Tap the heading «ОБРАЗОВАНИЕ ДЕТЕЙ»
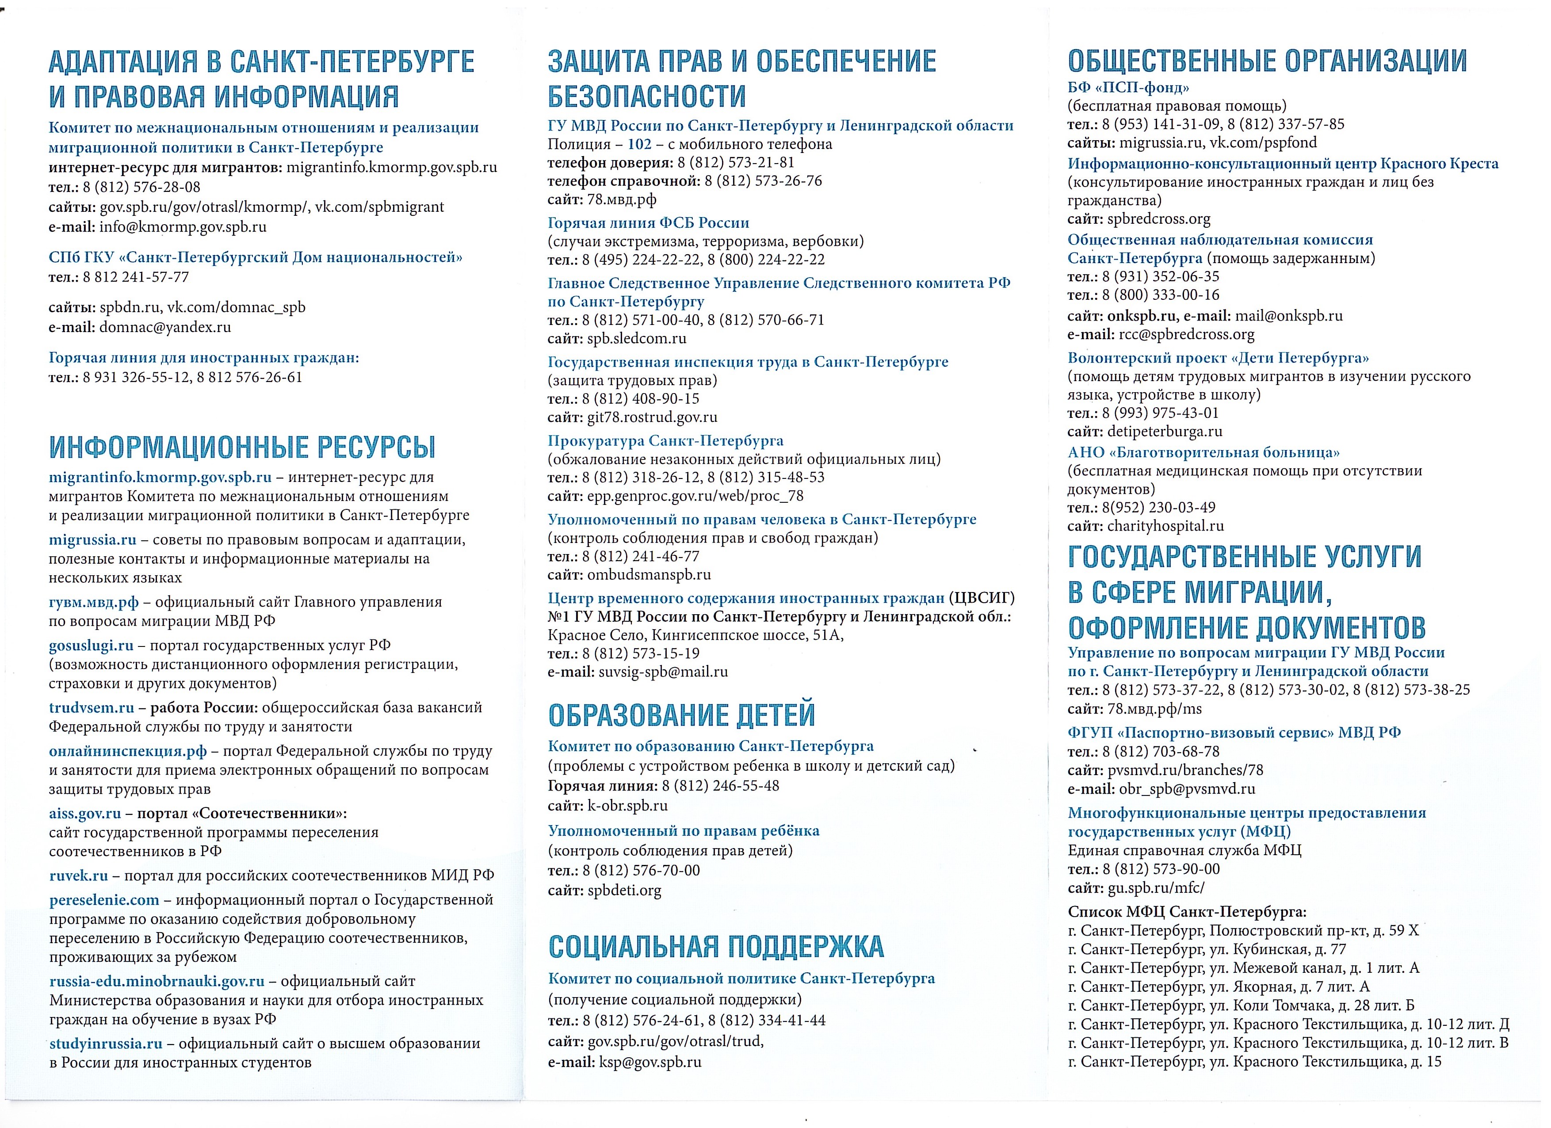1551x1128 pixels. (681, 715)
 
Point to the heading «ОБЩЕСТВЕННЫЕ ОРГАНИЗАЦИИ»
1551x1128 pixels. (1267, 61)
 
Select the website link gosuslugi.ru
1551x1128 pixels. (91, 645)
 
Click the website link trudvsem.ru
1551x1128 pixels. (91, 707)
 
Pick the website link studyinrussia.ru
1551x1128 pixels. (106, 1043)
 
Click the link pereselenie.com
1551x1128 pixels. (104, 899)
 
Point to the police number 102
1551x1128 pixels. (639, 144)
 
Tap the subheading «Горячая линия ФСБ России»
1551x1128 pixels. (648, 222)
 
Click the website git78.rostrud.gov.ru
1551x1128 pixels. (652, 417)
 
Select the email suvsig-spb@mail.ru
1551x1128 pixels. (663, 672)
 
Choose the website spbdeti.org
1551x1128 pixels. (624, 890)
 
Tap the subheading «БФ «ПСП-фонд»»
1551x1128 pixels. (1128, 87)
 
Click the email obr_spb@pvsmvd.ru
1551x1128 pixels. (1187, 789)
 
